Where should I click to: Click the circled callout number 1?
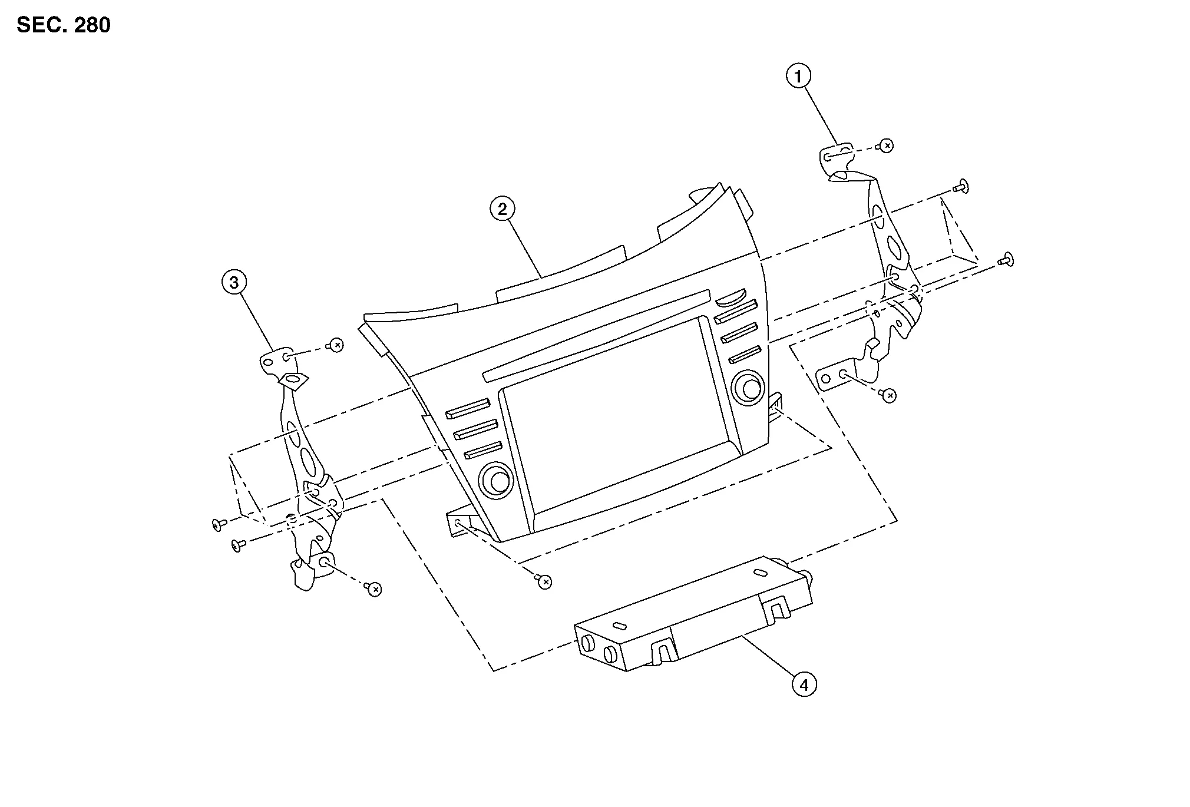tap(799, 76)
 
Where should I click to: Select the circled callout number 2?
tap(502, 209)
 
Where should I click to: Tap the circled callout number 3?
tap(234, 283)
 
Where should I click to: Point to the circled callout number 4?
tap(804, 684)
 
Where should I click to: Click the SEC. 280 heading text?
tap(64, 25)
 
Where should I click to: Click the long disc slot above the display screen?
tap(595, 335)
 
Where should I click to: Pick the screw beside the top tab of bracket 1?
tap(885, 145)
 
